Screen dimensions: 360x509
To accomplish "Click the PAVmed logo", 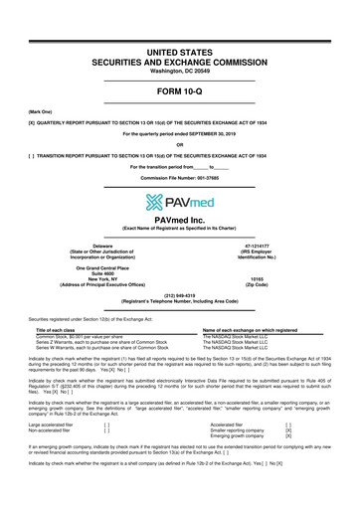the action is [x=180, y=204].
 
